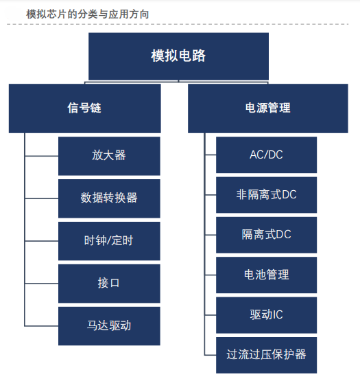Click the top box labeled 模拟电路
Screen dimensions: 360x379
[178, 56]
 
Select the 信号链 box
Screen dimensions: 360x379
[85, 108]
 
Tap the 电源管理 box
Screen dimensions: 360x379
[267, 108]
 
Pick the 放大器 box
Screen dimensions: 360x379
[109, 156]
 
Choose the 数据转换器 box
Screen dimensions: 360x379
[109, 198]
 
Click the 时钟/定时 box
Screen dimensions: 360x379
[109, 241]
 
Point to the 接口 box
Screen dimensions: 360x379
[109, 284]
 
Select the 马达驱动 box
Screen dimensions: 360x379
[109, 326]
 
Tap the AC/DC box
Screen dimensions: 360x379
[266, 154]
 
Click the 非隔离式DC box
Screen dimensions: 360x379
[266, 195]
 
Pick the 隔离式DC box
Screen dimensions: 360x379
[266, 235]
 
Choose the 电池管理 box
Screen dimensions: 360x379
[266, 275]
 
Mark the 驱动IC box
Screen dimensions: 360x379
[266, 315]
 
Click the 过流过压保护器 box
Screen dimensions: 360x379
[266, 356]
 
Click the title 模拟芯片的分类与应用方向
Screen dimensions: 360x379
[87, 14]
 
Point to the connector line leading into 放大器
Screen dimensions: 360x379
[42, 156]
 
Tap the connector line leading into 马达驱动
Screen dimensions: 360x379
[42, 326]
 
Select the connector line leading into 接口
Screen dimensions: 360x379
[42, 284]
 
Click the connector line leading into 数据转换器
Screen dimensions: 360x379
[42, 198]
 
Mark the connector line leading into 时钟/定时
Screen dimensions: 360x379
[42, 241]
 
